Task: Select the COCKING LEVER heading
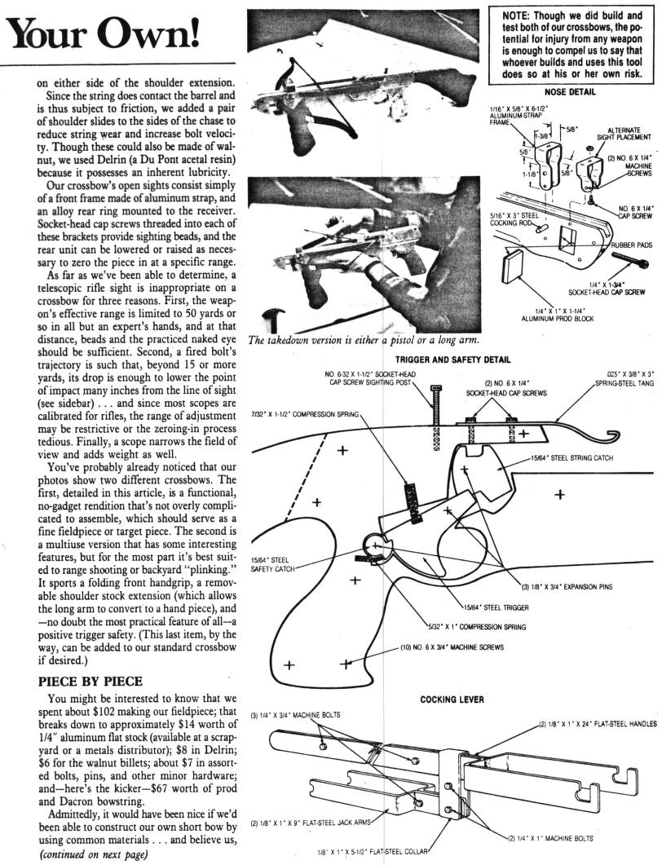click(x=455, y=698)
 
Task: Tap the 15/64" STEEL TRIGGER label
click(x=496, y=607)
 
